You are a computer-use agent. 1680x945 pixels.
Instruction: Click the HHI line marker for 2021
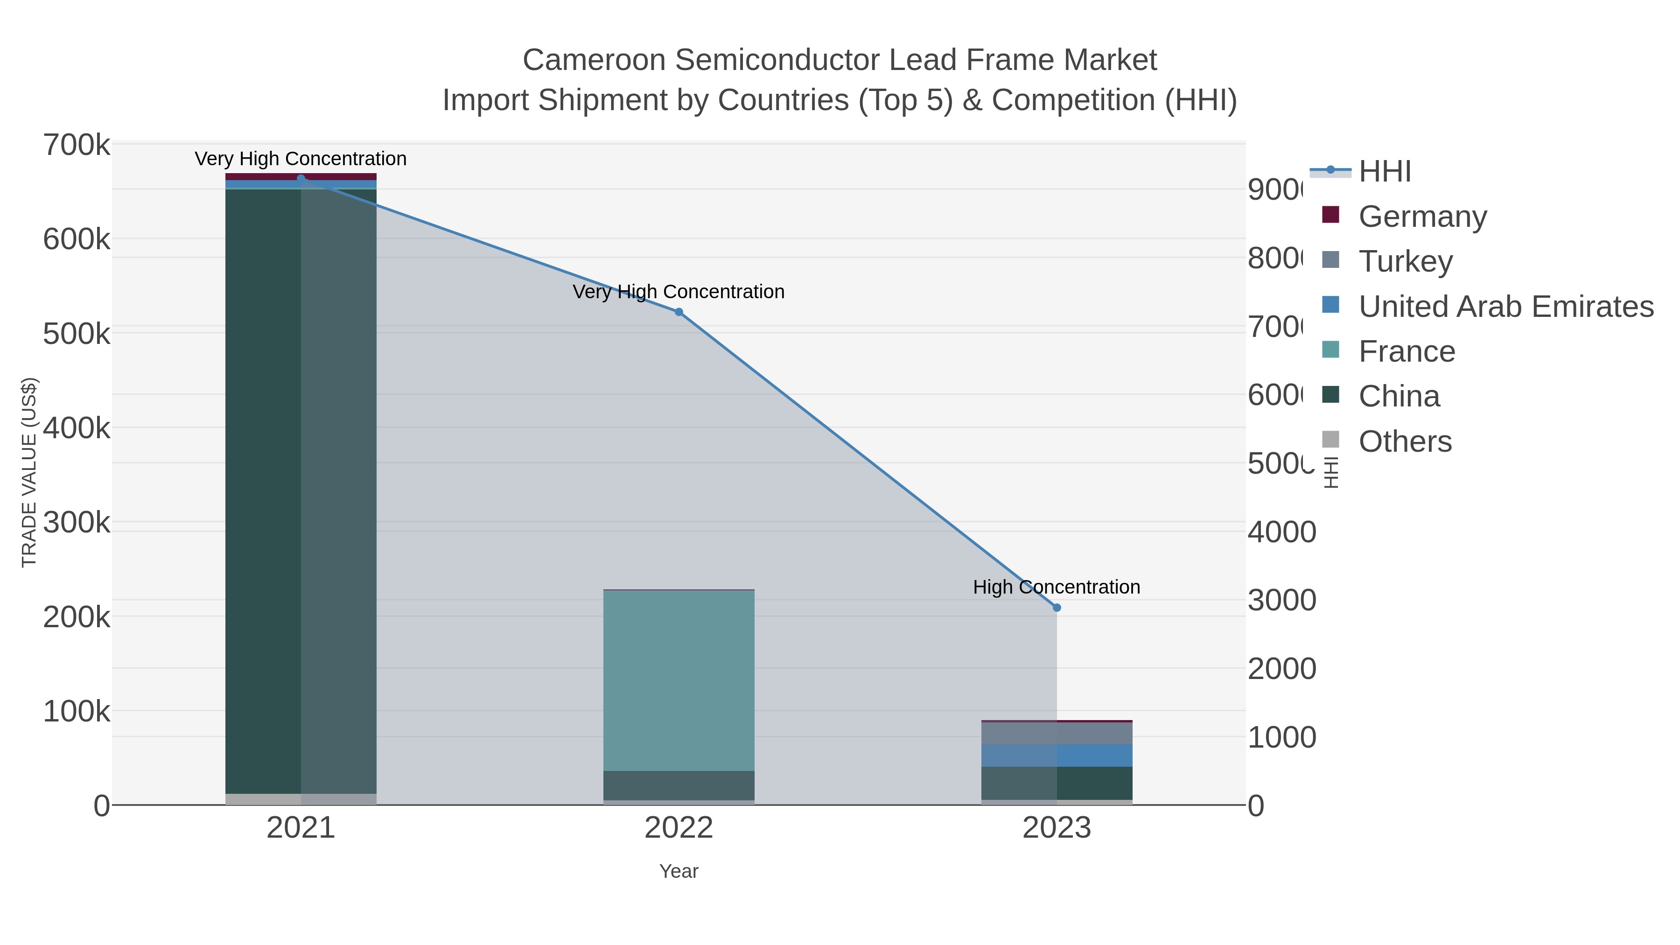(301, 178)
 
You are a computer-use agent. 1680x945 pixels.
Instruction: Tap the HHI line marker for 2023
(1057, 608)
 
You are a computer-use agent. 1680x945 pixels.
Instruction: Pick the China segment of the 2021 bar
(301, 489)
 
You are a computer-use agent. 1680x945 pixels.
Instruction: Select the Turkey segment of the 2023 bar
(1057, 733)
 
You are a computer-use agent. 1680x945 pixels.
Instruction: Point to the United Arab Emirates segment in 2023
(1057, 755)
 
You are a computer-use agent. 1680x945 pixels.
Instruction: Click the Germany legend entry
(1422, 217)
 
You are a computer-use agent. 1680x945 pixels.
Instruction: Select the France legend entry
(1406, 351)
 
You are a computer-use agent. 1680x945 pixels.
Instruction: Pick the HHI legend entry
(1384, 172)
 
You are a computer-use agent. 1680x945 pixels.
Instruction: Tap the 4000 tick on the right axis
(1281, 532)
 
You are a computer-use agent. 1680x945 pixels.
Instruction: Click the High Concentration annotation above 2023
(1057, 587)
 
